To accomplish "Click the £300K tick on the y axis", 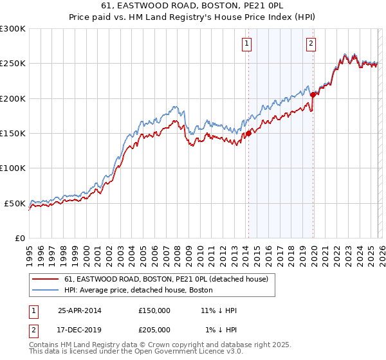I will [13, 29].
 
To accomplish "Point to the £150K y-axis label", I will [13, 133].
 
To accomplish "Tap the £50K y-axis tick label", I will [15, 203].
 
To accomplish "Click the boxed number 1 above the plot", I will [247, 44].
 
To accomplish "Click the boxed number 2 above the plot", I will [311, 44].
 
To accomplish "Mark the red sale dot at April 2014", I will [248, 134].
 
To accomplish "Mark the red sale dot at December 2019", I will [313, 94].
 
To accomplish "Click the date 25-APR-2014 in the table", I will [79, 310].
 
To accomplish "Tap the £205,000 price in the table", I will [154, 329].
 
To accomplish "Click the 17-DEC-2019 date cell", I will [79, 329].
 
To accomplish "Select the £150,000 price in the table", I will [154, 310].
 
